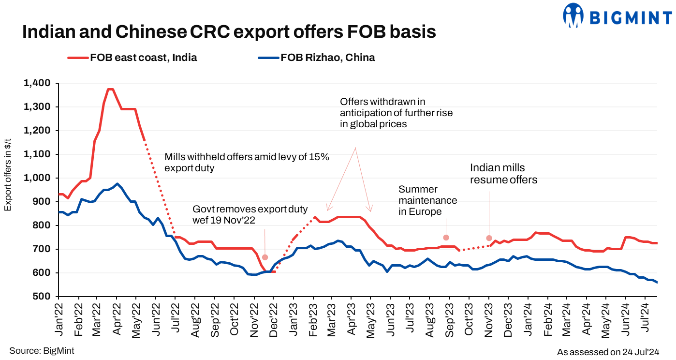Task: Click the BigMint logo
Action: [617, 16]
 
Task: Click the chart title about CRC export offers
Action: [229, 32]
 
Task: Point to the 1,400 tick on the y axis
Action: [37, 83]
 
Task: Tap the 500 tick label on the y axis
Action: [43, 297]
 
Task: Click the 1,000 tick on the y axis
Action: [37, 178]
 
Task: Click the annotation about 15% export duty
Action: [247, 163]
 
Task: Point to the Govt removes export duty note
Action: [250, 214]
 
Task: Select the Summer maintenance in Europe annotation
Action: [427, 200]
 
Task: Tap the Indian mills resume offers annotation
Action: [504, 174]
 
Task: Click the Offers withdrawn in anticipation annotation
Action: [396, 113]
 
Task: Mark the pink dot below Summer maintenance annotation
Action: [446, 238]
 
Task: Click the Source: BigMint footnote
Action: [42, 350]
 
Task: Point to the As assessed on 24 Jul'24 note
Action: [608, 352]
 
